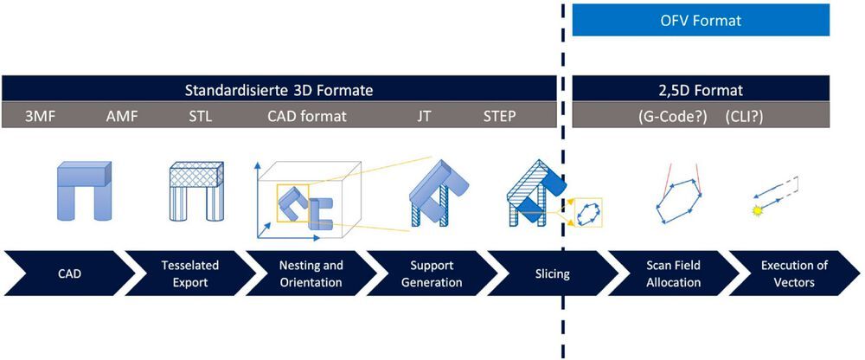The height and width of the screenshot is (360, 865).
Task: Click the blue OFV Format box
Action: tap(701, 19)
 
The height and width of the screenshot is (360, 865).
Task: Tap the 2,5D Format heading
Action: tap(701, 89)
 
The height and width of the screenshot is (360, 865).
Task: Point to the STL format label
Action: tap(201, 116)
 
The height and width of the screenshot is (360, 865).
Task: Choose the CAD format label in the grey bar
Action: tap(307, 116)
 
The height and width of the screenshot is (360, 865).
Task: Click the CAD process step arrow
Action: tap(62, 273)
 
